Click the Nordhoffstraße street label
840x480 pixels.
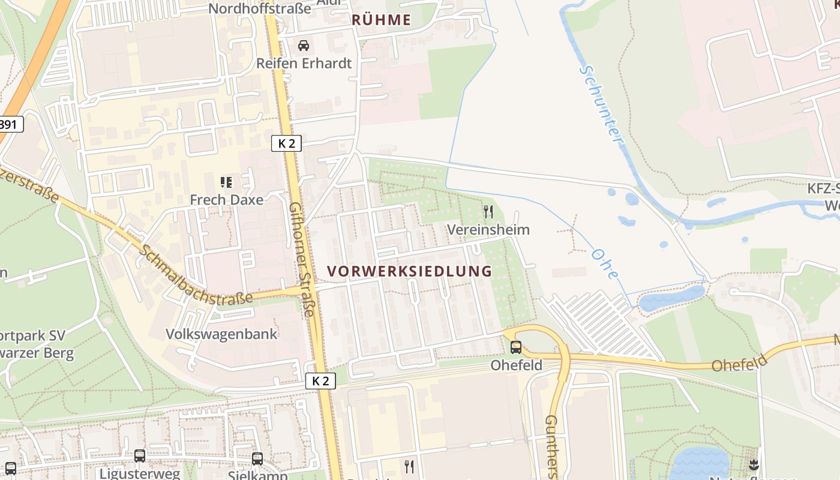[x=260, y=8]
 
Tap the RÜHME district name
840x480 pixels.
[x=382, y=20]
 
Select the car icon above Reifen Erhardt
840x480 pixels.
[x=304, y=46]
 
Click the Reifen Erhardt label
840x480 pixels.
[x=304, y=63]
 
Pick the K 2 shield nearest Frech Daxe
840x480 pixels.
[x=286, y=143]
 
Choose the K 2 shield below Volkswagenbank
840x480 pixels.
[x=320, y=380]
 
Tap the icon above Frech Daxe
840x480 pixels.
[x=226, y=182]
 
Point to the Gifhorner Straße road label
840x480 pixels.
[x=302, y=259]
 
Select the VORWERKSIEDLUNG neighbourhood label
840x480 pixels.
[x=410, y=271]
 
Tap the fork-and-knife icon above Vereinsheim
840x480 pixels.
[x=488, y=212]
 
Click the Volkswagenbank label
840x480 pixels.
[x=221, y=334]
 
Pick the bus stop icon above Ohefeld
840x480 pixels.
[x=516, y=347]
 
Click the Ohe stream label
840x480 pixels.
[x=604, y=263]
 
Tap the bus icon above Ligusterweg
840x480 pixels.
[x=140, y=456]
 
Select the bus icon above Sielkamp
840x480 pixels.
[x=257, y=459]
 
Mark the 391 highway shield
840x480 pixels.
[x=10, y=124]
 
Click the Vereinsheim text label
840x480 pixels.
[x=488, y=230]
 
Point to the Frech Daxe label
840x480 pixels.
[x=226, y=200]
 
